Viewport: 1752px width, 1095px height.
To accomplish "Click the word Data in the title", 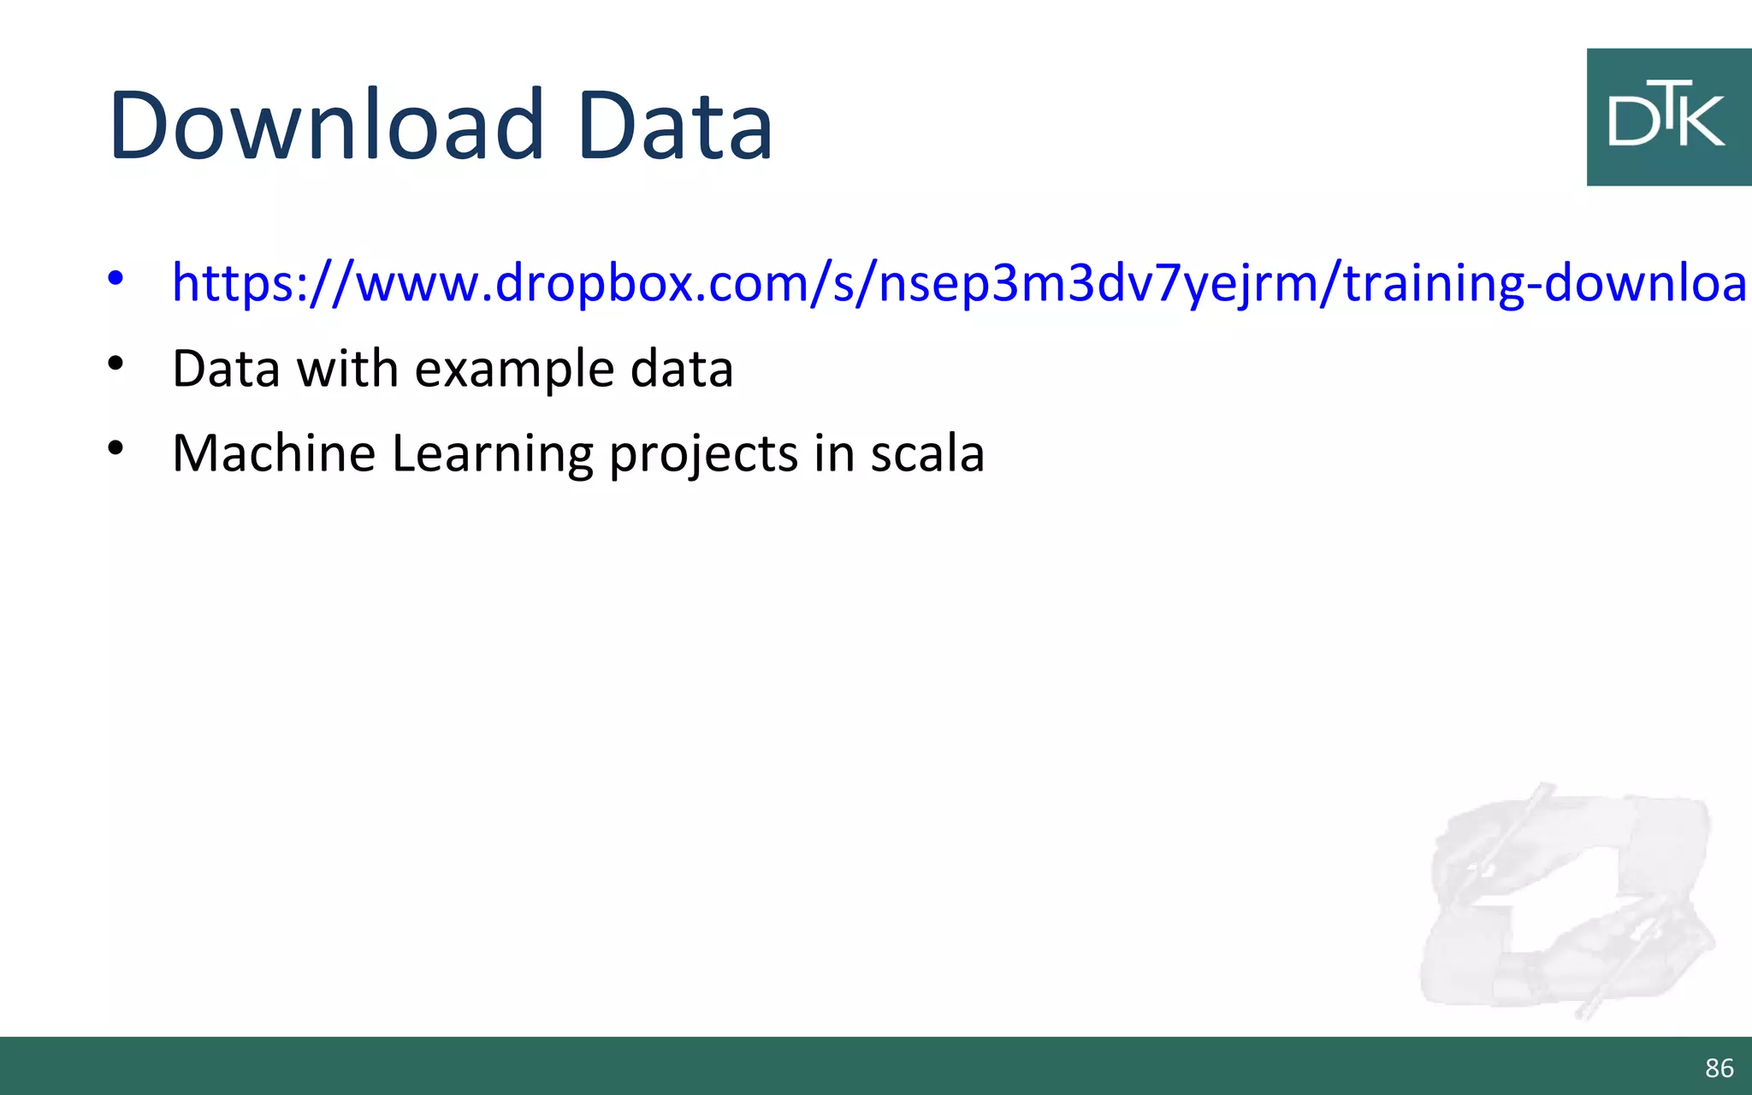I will [x=676, y=126].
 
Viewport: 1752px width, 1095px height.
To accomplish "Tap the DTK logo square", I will [x=1668, y=117].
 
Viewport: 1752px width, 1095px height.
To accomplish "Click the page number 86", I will [x=1719, y=1068].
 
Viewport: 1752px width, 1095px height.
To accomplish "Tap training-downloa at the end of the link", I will [x=1544, y=282].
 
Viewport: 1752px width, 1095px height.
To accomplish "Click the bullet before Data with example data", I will [x=115, y=364].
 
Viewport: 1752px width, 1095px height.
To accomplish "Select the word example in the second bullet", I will [x=514, y=370].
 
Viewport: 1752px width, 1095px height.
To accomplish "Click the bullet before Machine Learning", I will [x=115, y=447].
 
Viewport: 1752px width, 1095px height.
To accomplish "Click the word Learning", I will [x=492, y=454].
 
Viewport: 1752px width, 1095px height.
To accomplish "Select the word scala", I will [x=927, y=453].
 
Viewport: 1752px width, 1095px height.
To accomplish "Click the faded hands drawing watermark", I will [x=1566, y=898].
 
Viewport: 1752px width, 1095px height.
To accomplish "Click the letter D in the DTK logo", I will [x=1632, y=121].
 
